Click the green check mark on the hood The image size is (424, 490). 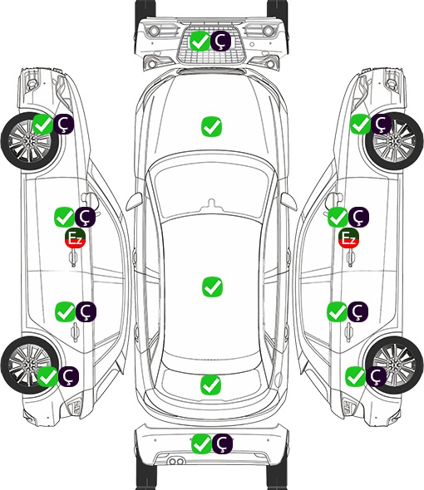point(211,126)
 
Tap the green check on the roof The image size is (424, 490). point(212,287)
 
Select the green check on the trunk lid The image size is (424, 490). point(210,385)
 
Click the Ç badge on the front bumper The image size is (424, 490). point(220,41)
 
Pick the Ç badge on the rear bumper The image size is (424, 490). point(222,443)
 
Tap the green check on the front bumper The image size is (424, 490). point(200,41)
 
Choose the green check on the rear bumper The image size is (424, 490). point(201,443)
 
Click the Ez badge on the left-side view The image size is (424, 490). point(75,238)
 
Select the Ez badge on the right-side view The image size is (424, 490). point(348,238)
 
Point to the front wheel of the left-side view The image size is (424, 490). point(30,142)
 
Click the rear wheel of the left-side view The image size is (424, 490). point(30,365)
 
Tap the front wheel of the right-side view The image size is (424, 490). point(394,142)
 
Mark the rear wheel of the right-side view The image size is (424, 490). point(394,365)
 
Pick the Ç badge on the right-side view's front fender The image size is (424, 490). point(381,124)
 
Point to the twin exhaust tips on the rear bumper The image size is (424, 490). point(176,462)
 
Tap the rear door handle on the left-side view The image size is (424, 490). point(75,331)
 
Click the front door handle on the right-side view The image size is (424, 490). point(351,257)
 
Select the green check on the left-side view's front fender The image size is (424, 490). point(43,124)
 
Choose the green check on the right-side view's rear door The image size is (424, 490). point(338,311)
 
